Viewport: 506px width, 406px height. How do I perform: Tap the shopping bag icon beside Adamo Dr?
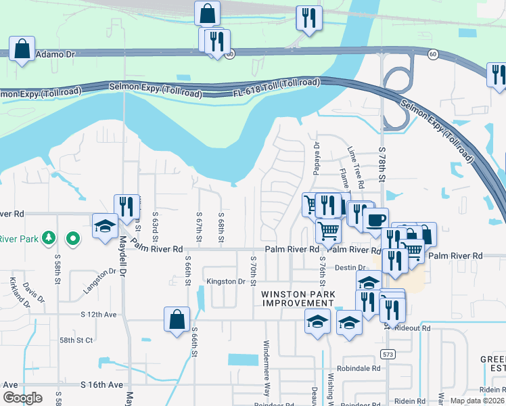[22, 49]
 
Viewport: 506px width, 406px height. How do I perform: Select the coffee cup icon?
[375, 219]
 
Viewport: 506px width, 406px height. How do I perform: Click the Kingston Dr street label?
[226, 281]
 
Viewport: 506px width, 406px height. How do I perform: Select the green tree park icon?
[49, 238]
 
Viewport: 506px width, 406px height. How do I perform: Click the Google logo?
[22, 398]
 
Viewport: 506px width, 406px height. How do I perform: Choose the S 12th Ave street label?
[99, 315]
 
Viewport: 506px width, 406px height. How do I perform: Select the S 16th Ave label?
[101, 384]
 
